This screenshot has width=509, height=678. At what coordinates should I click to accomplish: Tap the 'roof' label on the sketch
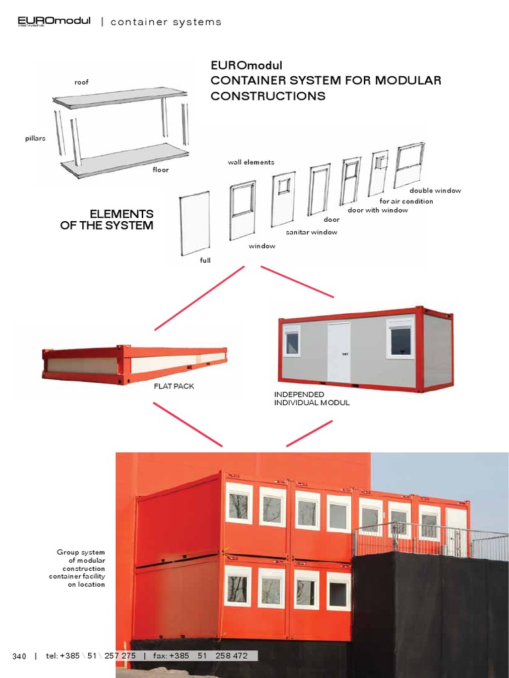pos(82,82)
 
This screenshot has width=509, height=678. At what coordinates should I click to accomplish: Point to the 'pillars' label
pos(35,138)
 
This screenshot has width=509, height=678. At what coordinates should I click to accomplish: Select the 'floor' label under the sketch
pos(160,170)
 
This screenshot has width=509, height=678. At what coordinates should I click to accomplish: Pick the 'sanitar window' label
pos(311,232)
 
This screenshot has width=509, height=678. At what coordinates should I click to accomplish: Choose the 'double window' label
pos(435,191)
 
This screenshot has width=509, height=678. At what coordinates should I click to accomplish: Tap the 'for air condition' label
pos(406,201)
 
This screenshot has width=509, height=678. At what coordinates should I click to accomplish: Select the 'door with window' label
pos(378,211)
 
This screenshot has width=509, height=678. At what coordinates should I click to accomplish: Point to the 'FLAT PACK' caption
pos(174,386)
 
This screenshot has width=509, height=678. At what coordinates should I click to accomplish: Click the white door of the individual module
pos(339,352)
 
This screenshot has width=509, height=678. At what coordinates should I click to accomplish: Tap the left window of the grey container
pos(292,341)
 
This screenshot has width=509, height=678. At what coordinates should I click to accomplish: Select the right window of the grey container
pos(400,338)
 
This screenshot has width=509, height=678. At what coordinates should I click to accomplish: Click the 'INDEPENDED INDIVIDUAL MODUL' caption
pos(311,399)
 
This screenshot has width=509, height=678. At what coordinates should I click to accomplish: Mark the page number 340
pos(19,656)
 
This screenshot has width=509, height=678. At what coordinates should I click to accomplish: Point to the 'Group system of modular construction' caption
pos(82,568)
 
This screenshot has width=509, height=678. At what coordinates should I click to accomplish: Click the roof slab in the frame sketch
pos(119,98)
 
